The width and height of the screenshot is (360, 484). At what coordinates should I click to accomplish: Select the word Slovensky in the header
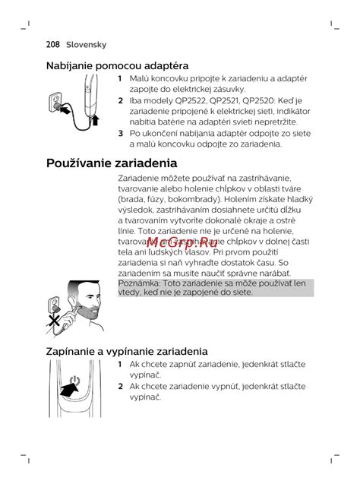click(88, 45)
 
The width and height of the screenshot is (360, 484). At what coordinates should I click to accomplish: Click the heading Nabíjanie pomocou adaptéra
click(118, 66)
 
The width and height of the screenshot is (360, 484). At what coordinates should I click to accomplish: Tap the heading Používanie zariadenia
click(112, 163)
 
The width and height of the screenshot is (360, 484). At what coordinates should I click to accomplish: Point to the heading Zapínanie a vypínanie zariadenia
click(127, 351)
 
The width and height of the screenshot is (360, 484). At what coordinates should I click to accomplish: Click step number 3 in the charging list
click(120, 133)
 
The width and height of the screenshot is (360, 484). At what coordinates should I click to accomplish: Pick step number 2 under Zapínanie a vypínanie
click(120, 386)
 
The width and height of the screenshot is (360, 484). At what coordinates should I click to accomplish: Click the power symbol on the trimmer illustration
click(74, 381)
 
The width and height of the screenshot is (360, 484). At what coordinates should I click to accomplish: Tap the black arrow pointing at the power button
click(69, 391)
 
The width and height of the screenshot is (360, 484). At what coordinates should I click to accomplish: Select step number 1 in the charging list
click(120, 78)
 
